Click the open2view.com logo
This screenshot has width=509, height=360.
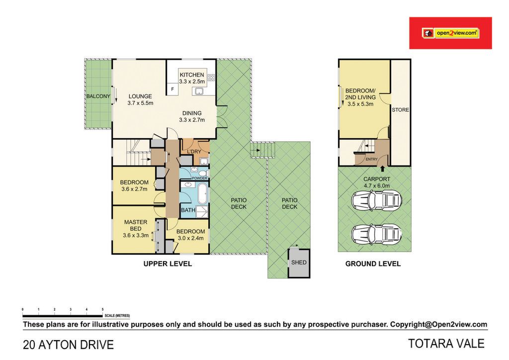click(x=450, y=33)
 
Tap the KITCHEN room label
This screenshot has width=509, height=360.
click(x=192, y=75)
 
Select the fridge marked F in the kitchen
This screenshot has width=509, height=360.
click(x=172, y=89)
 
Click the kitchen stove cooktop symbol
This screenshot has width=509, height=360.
click(x=211, y=78)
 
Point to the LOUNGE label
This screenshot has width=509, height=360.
click(x=140, y=96)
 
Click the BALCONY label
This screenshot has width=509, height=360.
click(x=98, y=96)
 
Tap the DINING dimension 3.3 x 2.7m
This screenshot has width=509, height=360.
click(x=192, y=120)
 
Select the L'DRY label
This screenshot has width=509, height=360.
click(x=194, y=152)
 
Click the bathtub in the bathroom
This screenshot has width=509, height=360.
click(x=203, y=193)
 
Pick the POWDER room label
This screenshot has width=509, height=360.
click(x=200, y=178)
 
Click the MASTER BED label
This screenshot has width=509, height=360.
click(x=136, y=225)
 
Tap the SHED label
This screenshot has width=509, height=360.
click(x=299, y=262)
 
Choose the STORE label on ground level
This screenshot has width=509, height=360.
click(x=400, y=110)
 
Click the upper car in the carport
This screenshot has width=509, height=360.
click(x=377, y=200)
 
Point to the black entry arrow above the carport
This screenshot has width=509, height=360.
click(x=382, y=168)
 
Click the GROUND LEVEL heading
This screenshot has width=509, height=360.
click(x=373, y=264)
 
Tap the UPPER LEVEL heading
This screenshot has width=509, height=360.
click(x=168, y=264)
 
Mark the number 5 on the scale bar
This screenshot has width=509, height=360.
click(x=102, y=309)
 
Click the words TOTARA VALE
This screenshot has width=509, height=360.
click(x=446, y=344)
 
